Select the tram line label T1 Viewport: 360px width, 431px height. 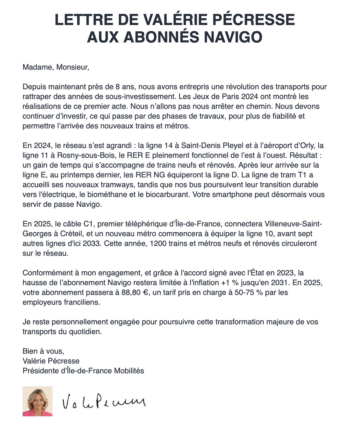click(303, 175)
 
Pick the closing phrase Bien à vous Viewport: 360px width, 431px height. click(43, 351)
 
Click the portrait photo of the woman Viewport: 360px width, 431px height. click(38, 401)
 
